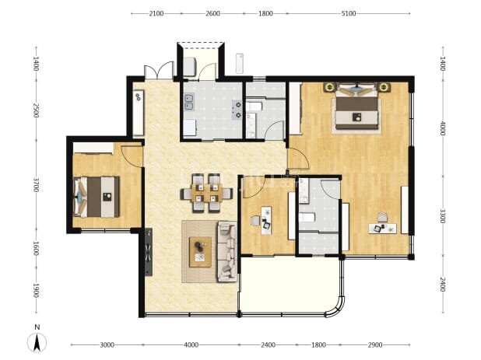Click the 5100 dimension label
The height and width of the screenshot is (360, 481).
tap(349, 13)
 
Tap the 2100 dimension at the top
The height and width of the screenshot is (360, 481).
tap(156, 13)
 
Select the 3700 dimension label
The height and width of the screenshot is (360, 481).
tap(37, 185)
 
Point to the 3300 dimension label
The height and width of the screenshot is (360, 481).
tap(443, 216)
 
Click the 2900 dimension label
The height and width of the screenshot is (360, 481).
tap(375, 345)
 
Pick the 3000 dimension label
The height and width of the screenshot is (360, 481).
tap(107, 345)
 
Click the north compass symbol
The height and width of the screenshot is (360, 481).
tap(37, 343)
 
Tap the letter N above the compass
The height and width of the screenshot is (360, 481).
tap(37, 327)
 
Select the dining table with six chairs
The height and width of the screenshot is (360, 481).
tap(206, 193)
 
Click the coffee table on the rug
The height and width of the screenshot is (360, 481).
tap(200, 252)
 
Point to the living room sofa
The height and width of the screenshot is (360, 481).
tap(227, 252)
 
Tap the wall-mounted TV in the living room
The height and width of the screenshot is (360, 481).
tap(149, 252)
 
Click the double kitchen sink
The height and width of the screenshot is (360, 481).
tap(188, 103)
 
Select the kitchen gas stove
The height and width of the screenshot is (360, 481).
tap(237, 110)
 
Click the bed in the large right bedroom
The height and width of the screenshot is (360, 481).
tap(356, 106)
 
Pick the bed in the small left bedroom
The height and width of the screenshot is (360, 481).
tap(97, 197)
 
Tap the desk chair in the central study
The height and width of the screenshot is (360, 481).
tap(255, 221)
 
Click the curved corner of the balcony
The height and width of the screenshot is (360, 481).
tap(335, 308)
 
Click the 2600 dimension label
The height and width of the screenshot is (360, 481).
tap(212, 13)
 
